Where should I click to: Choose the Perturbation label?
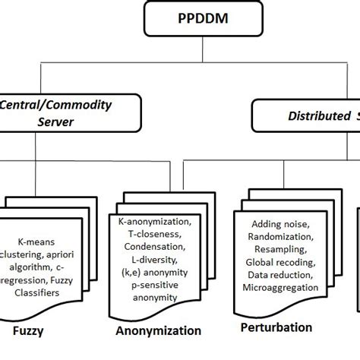click(276, 327)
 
